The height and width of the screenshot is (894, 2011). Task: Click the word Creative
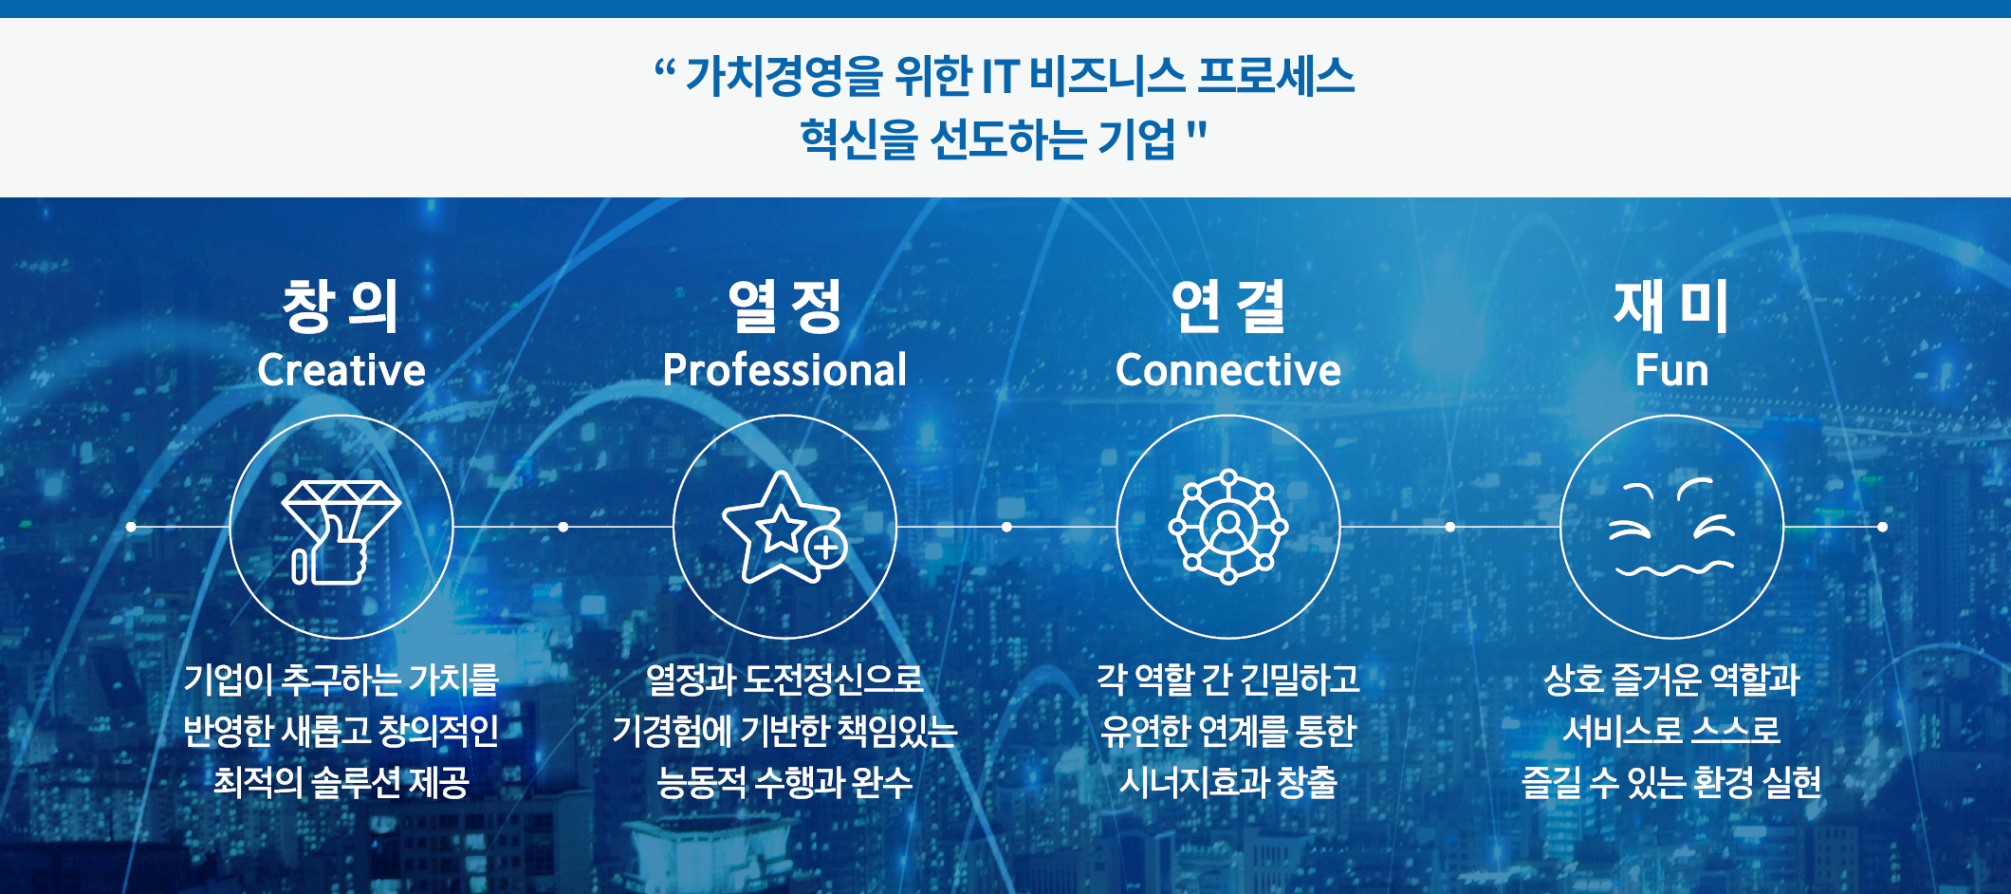(341, 370)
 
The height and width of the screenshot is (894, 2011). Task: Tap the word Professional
(784, 370)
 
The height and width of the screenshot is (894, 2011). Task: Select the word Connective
(1228, 370)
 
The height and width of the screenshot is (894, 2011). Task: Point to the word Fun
(1671, 370)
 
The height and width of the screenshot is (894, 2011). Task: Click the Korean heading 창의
(341, 306)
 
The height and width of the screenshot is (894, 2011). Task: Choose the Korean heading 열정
(784, 306)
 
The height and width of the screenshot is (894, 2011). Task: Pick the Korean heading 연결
(1228, 306)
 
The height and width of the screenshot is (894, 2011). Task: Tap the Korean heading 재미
(1671, 306)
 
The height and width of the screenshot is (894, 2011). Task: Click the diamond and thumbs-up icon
(341, 531)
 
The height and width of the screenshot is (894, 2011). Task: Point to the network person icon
(1228, 527)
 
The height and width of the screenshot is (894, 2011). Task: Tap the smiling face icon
(1671, 528)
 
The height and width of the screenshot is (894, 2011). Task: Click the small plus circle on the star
(826, 548)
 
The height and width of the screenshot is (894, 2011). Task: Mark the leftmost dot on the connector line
(131, 527)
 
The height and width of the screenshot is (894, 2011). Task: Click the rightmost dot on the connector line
(1883, 527)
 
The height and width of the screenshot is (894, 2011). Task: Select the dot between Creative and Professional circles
(563, 527)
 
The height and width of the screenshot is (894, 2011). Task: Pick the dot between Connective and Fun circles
(1450, 527)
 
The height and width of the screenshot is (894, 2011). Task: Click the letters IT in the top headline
(1000, 76)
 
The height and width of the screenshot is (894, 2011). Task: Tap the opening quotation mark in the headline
(664, 68)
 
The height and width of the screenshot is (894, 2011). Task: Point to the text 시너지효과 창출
(1228, 782)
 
